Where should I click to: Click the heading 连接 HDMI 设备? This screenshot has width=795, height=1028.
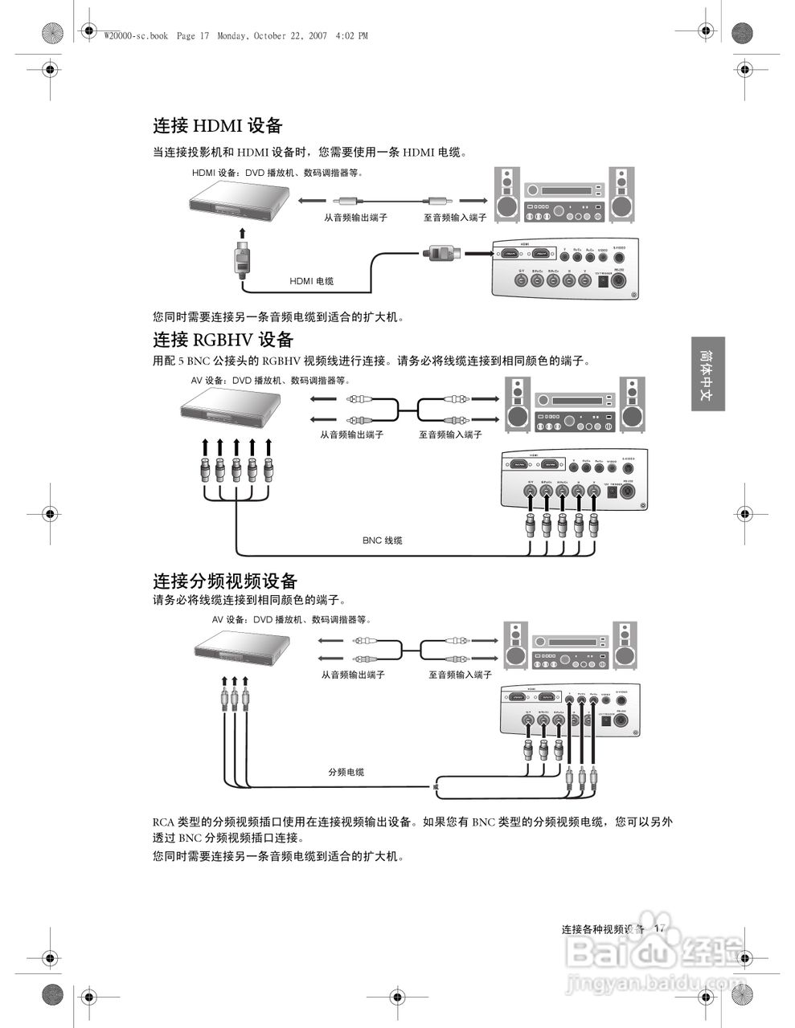[x=218, y=125]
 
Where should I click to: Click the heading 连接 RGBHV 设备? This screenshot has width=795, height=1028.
[x=223, y=339]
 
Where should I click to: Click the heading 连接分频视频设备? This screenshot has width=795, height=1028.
[x=225, y=581]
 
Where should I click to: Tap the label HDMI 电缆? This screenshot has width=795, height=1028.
[x=312, y=281]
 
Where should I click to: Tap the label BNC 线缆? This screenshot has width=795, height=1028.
[x=382, y=541]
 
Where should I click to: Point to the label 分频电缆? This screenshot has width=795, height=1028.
[x=346, y=772]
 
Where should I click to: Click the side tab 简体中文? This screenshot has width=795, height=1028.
[x=707, y=374]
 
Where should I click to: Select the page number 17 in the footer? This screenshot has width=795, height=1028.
[x=660, y=928]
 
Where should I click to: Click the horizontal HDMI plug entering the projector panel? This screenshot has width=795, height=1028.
[x=442, y=253]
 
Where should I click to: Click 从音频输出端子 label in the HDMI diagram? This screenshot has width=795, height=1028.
[x=356, y=218]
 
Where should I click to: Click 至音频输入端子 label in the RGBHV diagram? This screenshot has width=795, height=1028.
[x=450, y=434]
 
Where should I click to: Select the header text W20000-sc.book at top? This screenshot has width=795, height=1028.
[x=136, y=36]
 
